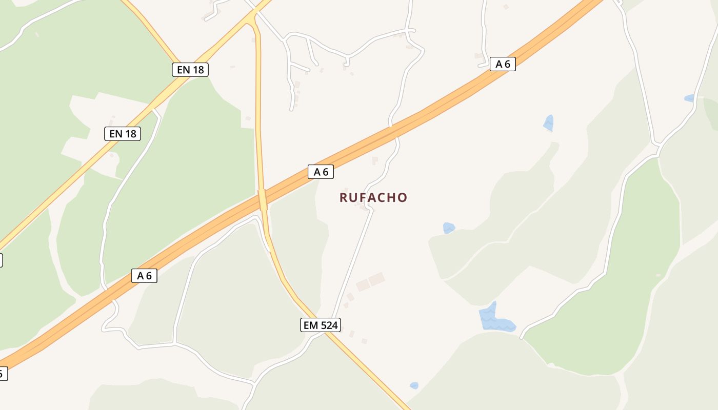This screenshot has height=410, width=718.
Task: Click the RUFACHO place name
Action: [373, 197]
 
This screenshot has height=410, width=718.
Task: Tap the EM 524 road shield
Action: [321, 324]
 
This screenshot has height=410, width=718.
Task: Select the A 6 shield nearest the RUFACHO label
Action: [321, 172]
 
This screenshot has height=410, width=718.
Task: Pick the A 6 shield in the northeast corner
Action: [503, 64]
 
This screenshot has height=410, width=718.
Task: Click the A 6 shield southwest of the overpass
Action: [144, 275]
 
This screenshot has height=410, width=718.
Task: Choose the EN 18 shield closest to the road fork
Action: [190, 70]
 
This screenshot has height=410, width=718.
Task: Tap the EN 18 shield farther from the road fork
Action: [123, 134]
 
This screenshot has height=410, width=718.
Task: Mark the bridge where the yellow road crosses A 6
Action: [263, 199]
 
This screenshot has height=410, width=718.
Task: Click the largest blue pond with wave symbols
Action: [495, 320]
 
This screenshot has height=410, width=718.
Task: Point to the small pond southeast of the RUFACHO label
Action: [449, 228]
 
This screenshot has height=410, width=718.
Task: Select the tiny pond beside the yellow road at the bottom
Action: [414, 385]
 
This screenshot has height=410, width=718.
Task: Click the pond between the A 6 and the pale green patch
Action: [548, 123]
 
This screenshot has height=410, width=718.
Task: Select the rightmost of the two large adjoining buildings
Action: [377, 279]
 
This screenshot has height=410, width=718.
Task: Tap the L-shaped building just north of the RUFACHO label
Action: [375, 160]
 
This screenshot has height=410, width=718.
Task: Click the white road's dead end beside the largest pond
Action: [522, 338]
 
